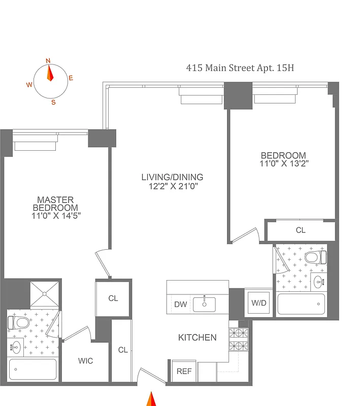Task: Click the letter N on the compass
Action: tap(49, 60)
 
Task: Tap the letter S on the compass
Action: tap(53, 101)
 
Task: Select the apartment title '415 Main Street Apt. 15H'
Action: tap(240, 67)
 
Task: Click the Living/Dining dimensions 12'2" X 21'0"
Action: tap(172, 186)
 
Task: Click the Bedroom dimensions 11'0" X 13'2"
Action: tap(283, 163)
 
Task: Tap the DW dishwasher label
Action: tap(180, 304)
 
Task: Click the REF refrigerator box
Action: tap(184, 371)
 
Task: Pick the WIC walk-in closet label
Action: tap(85, 361)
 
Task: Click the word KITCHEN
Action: tap(197, 337)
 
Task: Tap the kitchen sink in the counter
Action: tap(204, 304)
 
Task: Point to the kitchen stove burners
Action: tap(238, 340)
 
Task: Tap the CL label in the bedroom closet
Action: tap(301, 230)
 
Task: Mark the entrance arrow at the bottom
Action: tap(151, 399)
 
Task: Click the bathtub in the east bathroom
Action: tap(300, 304)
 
